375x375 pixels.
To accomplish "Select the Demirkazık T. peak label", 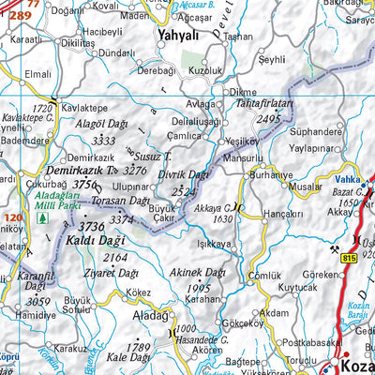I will [80, 171].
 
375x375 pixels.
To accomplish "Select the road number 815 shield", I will [350, 257].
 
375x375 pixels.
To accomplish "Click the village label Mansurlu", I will [245, 158].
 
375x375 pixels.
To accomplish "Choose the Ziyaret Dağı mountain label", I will [103, 276].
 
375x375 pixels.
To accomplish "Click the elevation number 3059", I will [37, 301].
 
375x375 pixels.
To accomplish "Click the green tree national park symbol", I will [41, 218].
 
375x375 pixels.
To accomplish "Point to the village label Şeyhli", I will [271, 59].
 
